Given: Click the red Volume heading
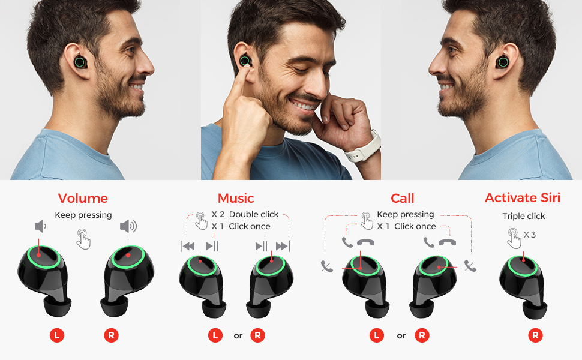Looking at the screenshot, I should coord(83,199).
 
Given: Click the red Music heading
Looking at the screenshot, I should coord(236,199).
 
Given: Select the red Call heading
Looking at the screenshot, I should coord(402,199).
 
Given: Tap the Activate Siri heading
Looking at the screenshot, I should coord(523,198).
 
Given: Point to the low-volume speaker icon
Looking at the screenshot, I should coord(40,226).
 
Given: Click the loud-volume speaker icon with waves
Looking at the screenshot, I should coord(128,226).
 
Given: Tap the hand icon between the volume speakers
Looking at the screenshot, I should coord(83,239).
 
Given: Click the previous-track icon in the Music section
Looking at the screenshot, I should coord(188,246).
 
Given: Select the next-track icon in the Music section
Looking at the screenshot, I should coord(283,246).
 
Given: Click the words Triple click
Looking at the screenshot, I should coord(524,216).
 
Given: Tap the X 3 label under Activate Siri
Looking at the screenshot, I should coord(530,235).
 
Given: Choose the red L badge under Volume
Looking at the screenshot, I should coord(57,335).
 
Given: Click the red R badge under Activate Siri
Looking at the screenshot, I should coord(536,335).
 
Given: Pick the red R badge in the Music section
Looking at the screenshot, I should coord(257,335).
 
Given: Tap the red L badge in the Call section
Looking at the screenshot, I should coord(377,335).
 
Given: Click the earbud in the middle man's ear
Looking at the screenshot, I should coord(245,61).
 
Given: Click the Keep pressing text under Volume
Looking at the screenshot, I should coord(83,215).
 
